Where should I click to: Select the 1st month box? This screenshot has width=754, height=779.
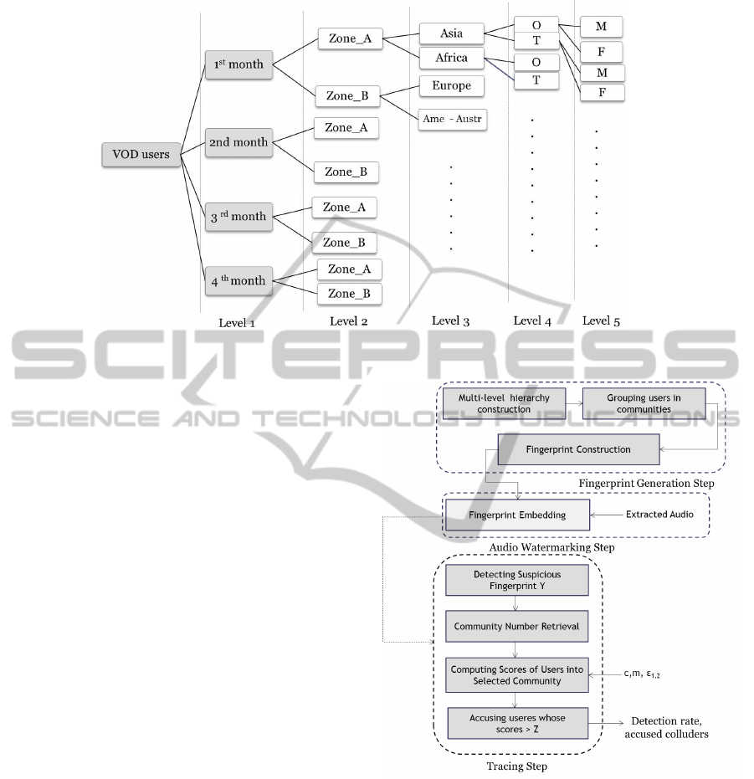(238, 64)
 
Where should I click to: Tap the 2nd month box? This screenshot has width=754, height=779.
(239, 142)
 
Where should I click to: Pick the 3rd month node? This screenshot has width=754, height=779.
(239, 217)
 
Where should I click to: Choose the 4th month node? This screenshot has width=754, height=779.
(239, 281)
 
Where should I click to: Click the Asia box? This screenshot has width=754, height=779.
(452, 34)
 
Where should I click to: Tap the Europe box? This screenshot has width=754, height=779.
(452, 86)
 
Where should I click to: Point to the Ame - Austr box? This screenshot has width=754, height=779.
(453, 120)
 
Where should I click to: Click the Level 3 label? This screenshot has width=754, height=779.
(452, 320)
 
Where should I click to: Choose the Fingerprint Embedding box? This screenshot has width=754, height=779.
(517, 515)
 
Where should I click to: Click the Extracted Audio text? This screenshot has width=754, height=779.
(659, 515)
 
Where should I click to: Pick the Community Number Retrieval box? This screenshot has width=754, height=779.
(516, 626)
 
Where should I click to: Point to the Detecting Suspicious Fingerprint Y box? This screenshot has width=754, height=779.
(516, 581)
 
